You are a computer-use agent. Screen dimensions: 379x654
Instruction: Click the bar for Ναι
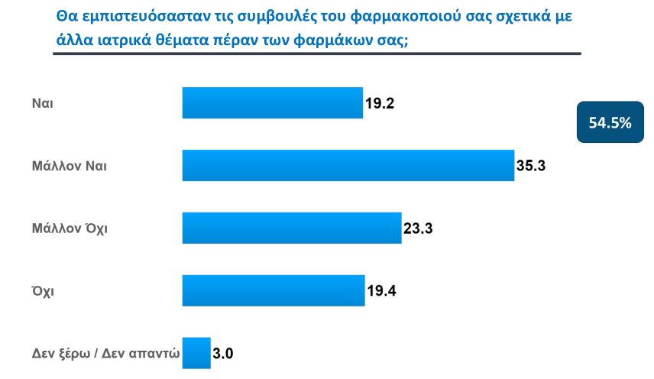(272, 103)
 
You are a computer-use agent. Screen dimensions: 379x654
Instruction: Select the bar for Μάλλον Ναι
(348, 165)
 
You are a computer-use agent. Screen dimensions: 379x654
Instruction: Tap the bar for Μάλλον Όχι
(291, 228)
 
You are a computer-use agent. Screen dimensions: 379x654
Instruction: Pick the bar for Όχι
(273, 290)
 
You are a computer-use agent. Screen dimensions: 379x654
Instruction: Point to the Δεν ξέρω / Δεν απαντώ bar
(196, 353)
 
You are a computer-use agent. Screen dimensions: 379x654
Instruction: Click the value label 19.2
(380, 103)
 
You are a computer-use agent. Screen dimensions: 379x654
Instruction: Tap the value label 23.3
(419, 228)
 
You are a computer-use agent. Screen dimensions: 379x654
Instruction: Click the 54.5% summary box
(610, 121)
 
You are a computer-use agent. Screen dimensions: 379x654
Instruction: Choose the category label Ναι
(42, 103)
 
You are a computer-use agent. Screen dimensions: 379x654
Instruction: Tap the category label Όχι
(43, 290)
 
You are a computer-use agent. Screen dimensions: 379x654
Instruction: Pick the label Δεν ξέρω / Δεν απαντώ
(105, 353)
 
